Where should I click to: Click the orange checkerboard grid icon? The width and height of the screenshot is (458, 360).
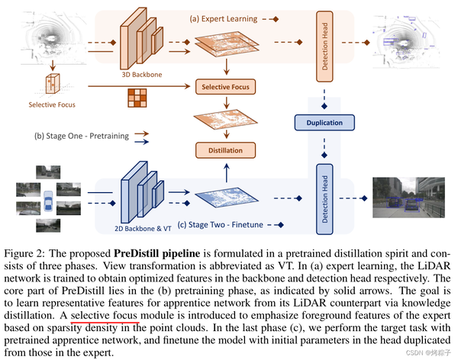pyautogui.click(x=137, y=100)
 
